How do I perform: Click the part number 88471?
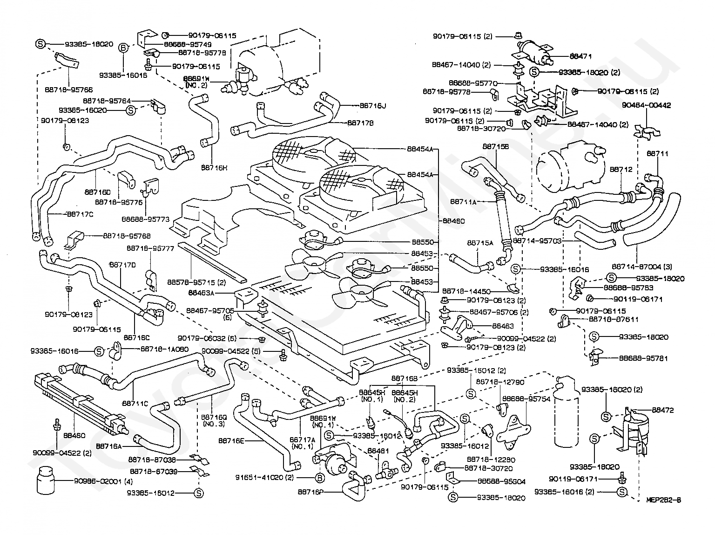tap(581, 56)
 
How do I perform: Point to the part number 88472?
tap(663, 410)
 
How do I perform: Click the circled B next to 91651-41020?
tap(320, 478)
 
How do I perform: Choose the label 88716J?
tap(373, 106)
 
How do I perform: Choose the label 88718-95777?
tap(151, 249)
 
